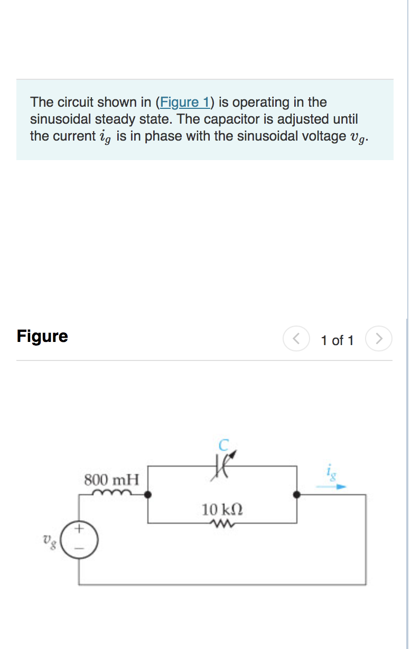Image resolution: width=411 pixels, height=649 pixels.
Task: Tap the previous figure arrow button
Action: (296, 339)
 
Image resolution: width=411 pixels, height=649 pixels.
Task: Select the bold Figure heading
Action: (42, 336)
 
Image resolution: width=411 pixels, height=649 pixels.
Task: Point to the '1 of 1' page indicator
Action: (337, 340)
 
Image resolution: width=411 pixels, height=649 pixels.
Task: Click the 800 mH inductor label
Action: (112, 480)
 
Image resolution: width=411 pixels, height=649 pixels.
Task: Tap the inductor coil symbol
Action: (112, 493)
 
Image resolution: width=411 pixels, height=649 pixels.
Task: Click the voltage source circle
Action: (80, 537)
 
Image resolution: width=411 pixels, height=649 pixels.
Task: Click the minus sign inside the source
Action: (80, 547)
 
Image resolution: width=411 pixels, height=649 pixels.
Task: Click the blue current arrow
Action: (332, 486)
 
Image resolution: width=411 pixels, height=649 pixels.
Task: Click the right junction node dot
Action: (297, 495)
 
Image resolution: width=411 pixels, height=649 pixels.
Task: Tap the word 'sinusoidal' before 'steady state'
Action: (61, 119)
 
